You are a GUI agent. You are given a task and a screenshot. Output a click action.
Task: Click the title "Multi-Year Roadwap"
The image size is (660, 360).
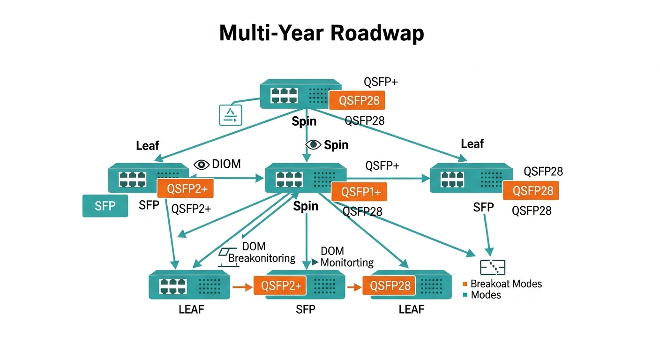pos(322,34)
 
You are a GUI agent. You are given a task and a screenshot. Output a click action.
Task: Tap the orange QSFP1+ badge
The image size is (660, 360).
pos(359,192)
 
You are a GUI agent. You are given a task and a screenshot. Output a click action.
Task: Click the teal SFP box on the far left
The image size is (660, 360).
pos(105,206)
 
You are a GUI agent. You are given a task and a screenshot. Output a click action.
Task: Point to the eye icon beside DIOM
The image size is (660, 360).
pos(202,164)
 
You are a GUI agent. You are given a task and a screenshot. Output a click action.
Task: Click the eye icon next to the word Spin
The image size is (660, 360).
pos(313,145)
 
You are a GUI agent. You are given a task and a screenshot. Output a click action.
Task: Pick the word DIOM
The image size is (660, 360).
pos(226,164)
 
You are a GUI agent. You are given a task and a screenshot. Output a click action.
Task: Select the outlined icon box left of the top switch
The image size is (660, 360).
pos(231,115)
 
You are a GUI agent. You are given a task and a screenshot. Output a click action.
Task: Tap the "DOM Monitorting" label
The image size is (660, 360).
pos(346,257)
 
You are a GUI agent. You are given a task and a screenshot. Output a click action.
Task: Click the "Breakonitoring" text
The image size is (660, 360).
pos(262,258)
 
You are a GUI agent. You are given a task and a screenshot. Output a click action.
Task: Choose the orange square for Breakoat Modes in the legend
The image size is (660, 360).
pos(465,284)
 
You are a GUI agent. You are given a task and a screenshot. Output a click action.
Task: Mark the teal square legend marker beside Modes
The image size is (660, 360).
pos(465,295)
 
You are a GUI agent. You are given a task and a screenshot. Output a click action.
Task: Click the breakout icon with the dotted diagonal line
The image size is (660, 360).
pos(493,267)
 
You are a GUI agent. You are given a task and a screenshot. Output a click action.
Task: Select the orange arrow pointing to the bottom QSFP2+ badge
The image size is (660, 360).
pos(242,286)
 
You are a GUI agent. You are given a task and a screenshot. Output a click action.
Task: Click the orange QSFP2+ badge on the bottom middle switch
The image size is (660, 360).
pos(280,285)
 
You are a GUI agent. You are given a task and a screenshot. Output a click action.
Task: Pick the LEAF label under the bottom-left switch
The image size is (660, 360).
pos(191,310)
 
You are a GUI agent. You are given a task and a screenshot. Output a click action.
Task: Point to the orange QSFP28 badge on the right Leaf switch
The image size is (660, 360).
pos(531,191)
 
